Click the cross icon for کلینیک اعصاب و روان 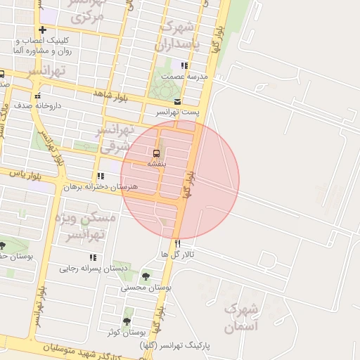(43, 30)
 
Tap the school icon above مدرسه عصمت (185, 65)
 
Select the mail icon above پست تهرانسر (178, 101)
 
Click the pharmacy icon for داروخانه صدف (38, 96)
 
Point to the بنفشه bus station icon (156, 153)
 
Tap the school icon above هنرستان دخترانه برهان (101, 176)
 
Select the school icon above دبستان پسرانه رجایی (92, 257)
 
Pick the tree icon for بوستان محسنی (146, 276)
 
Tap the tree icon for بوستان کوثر (127, 321)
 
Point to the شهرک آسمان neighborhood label (241, 318)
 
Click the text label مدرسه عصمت (184, 76)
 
